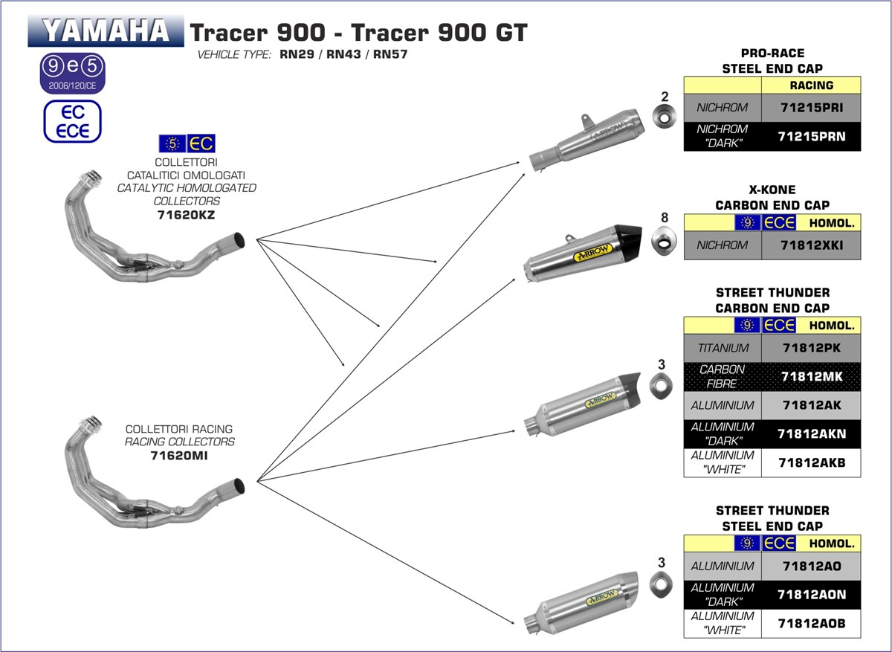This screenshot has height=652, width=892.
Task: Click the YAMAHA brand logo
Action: click(x=106, y=31)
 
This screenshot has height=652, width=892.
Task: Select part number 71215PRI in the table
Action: click(x=811, y=107)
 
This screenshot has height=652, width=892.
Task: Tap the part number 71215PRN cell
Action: click(x=811, y=136)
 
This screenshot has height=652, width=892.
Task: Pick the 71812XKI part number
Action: click(x=811, y=245)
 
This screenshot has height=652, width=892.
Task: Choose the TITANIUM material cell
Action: click(x=723, y=348)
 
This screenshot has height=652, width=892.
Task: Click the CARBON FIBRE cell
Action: click(x=723, y=377)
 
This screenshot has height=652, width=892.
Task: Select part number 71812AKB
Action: click(x=811, y=462)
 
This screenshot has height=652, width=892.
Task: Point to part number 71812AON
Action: click(x=811, y=595)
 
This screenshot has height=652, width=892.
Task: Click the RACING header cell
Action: click(x=811, y=85)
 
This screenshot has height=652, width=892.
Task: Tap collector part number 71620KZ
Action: click(x=187, y=216)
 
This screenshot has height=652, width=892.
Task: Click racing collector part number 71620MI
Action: click(x=178, y=456)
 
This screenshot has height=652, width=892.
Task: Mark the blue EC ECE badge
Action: click(x=72, y=121)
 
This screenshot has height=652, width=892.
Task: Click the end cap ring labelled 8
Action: click(x=664, y=241)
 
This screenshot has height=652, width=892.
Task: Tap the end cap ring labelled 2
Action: click(x=665, y=117)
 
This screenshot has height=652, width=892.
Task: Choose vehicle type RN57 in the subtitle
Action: click(x=390, y=55)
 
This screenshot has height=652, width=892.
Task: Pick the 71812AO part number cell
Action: click(x=811, y=566)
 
